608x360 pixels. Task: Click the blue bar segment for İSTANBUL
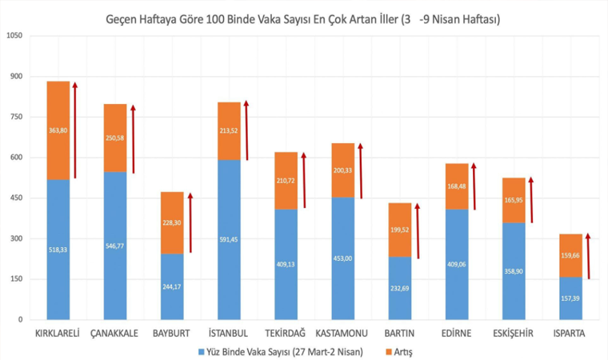pyautogui.click(x=229, y=240)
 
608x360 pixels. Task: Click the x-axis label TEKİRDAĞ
pyautogui.click(x=286, y=333)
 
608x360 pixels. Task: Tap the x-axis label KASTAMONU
pyautogui.click(x=343, y=333)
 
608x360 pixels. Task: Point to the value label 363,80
pyautogui.click(x=58, y=130)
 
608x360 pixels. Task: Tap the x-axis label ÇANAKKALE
pyautogui.click(x=115, y=333)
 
